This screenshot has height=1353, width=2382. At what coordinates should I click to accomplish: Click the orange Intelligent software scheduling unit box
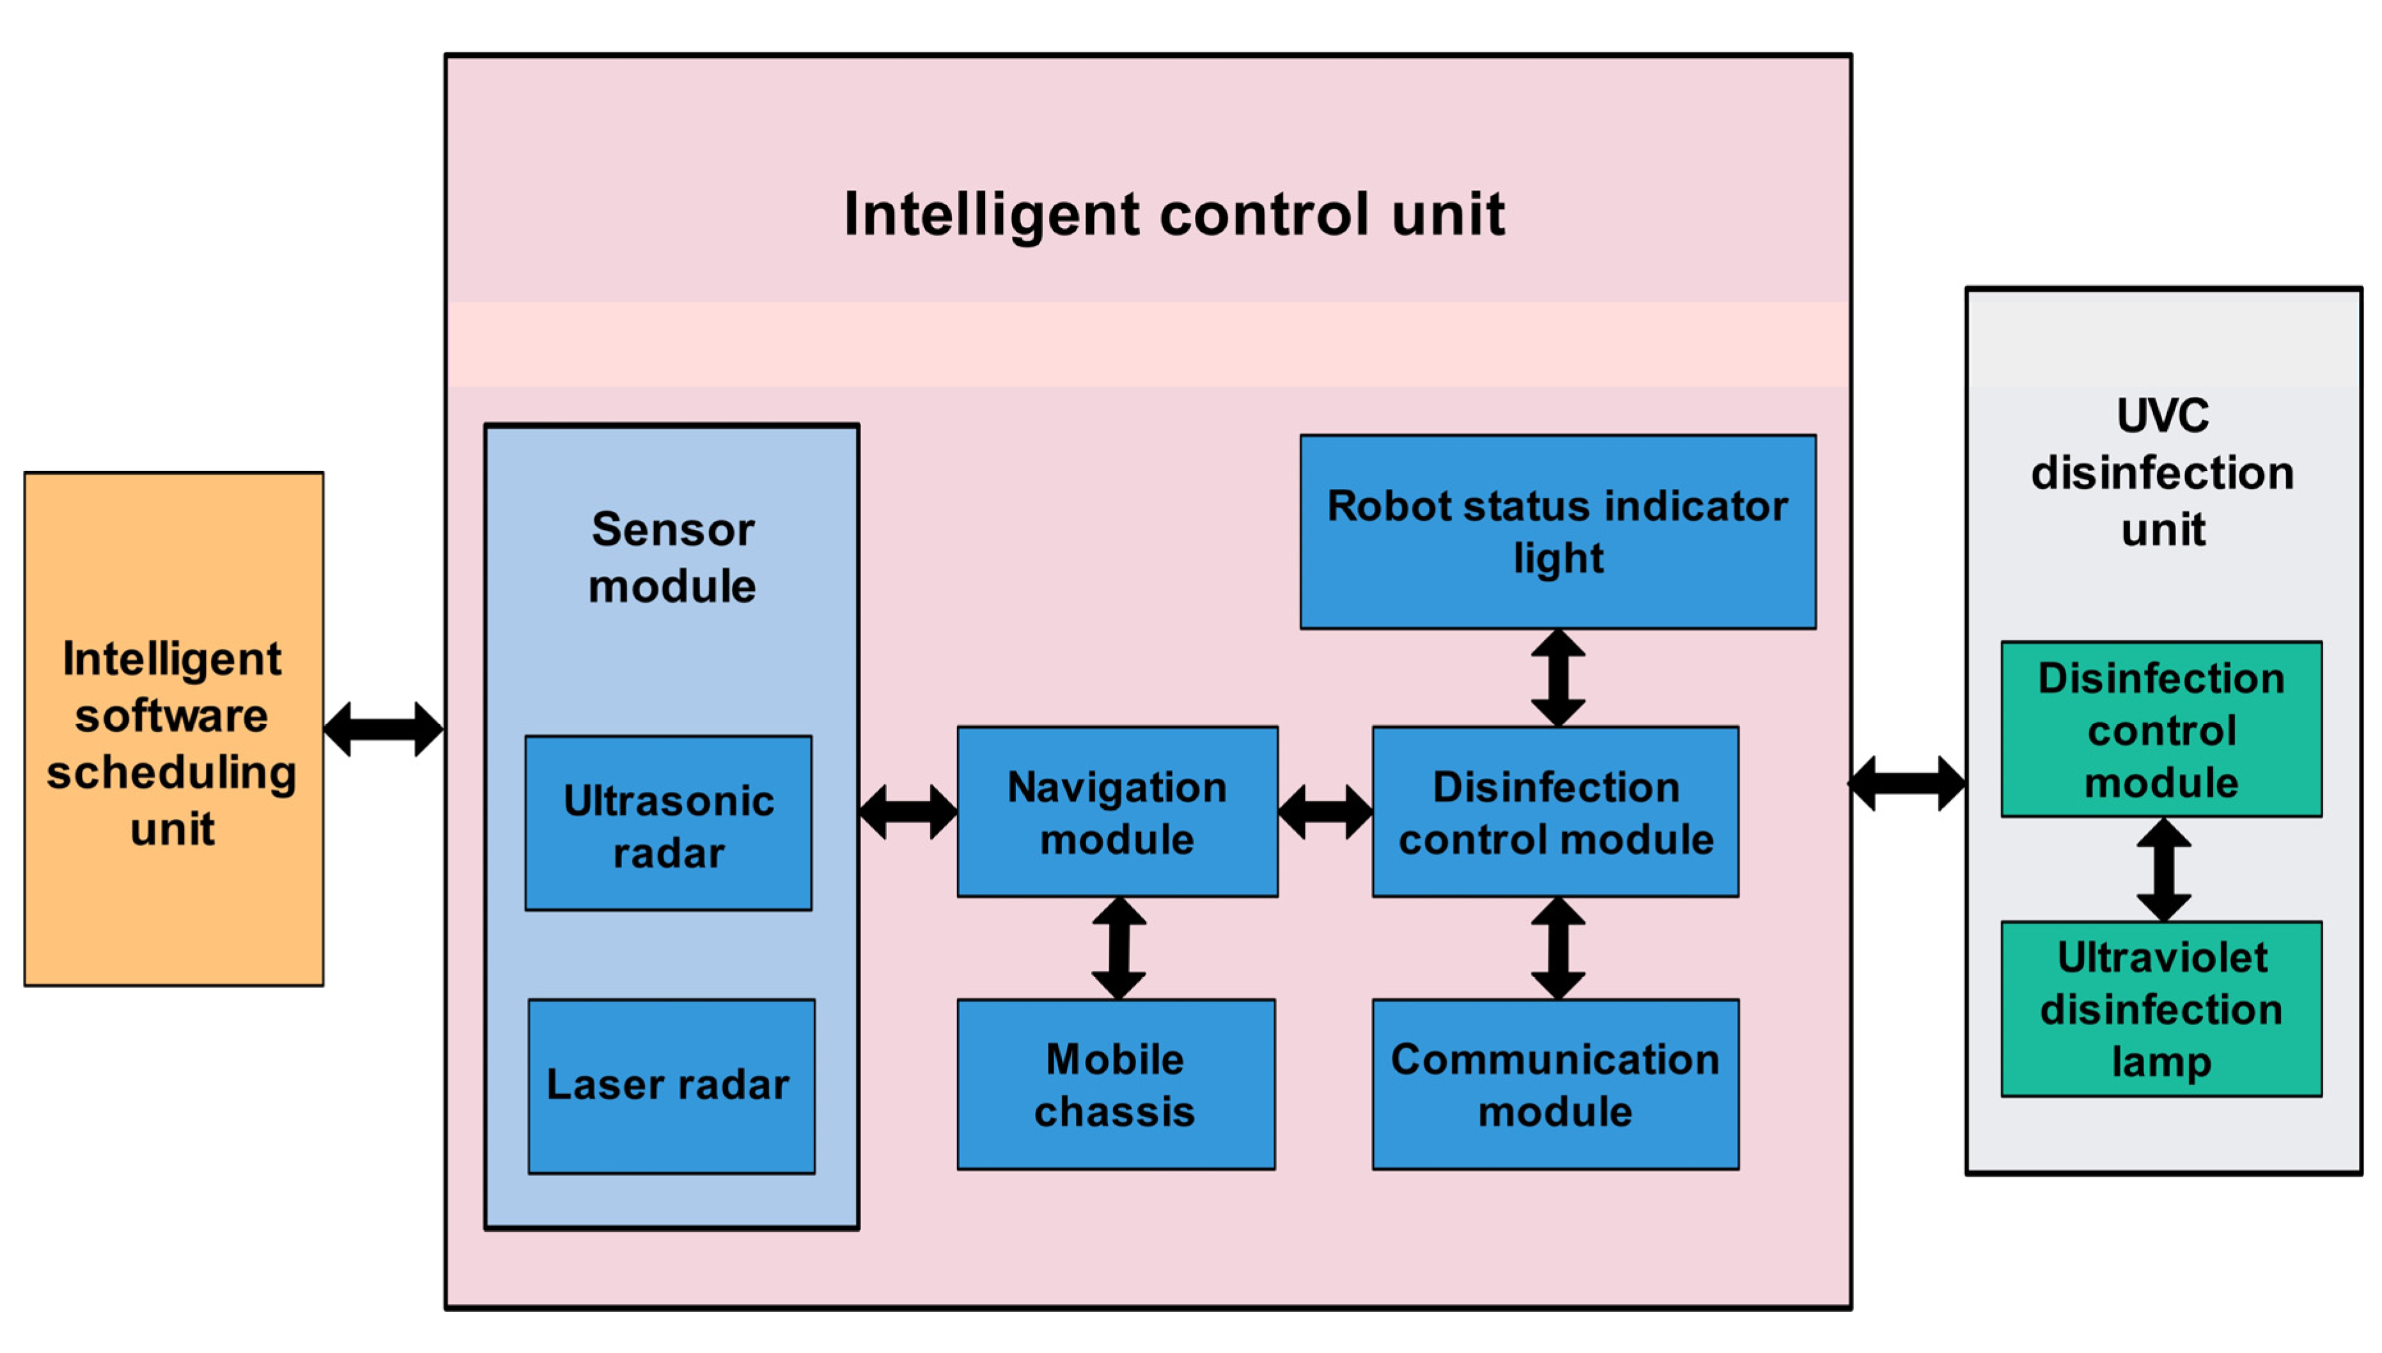174,729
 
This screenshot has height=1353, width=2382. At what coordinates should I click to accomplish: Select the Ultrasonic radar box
667,823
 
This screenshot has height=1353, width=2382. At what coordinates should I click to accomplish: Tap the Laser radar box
671,1086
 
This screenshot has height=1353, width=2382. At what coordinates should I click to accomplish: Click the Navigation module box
1117,812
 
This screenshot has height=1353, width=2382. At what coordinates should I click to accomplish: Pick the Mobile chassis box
1116,1085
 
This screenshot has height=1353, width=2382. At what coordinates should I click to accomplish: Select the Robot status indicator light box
1558,532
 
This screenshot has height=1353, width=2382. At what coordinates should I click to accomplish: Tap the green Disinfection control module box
2161,729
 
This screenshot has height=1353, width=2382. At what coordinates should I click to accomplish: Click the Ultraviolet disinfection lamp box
2161,1009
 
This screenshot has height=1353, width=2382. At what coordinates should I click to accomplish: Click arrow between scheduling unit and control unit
383,729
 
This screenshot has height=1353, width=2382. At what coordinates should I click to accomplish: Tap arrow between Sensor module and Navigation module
908,812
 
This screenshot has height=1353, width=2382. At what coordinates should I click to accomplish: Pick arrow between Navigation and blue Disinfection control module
1325,812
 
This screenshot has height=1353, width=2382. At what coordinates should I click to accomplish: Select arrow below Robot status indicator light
1558,678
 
